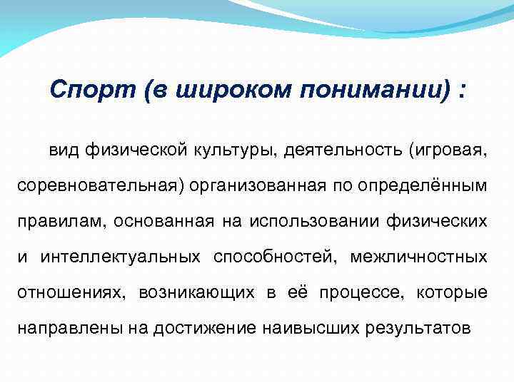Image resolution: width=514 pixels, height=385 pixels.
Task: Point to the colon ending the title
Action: (x=465, y=91)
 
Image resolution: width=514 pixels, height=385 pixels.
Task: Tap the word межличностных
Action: (x=418, y=256)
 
